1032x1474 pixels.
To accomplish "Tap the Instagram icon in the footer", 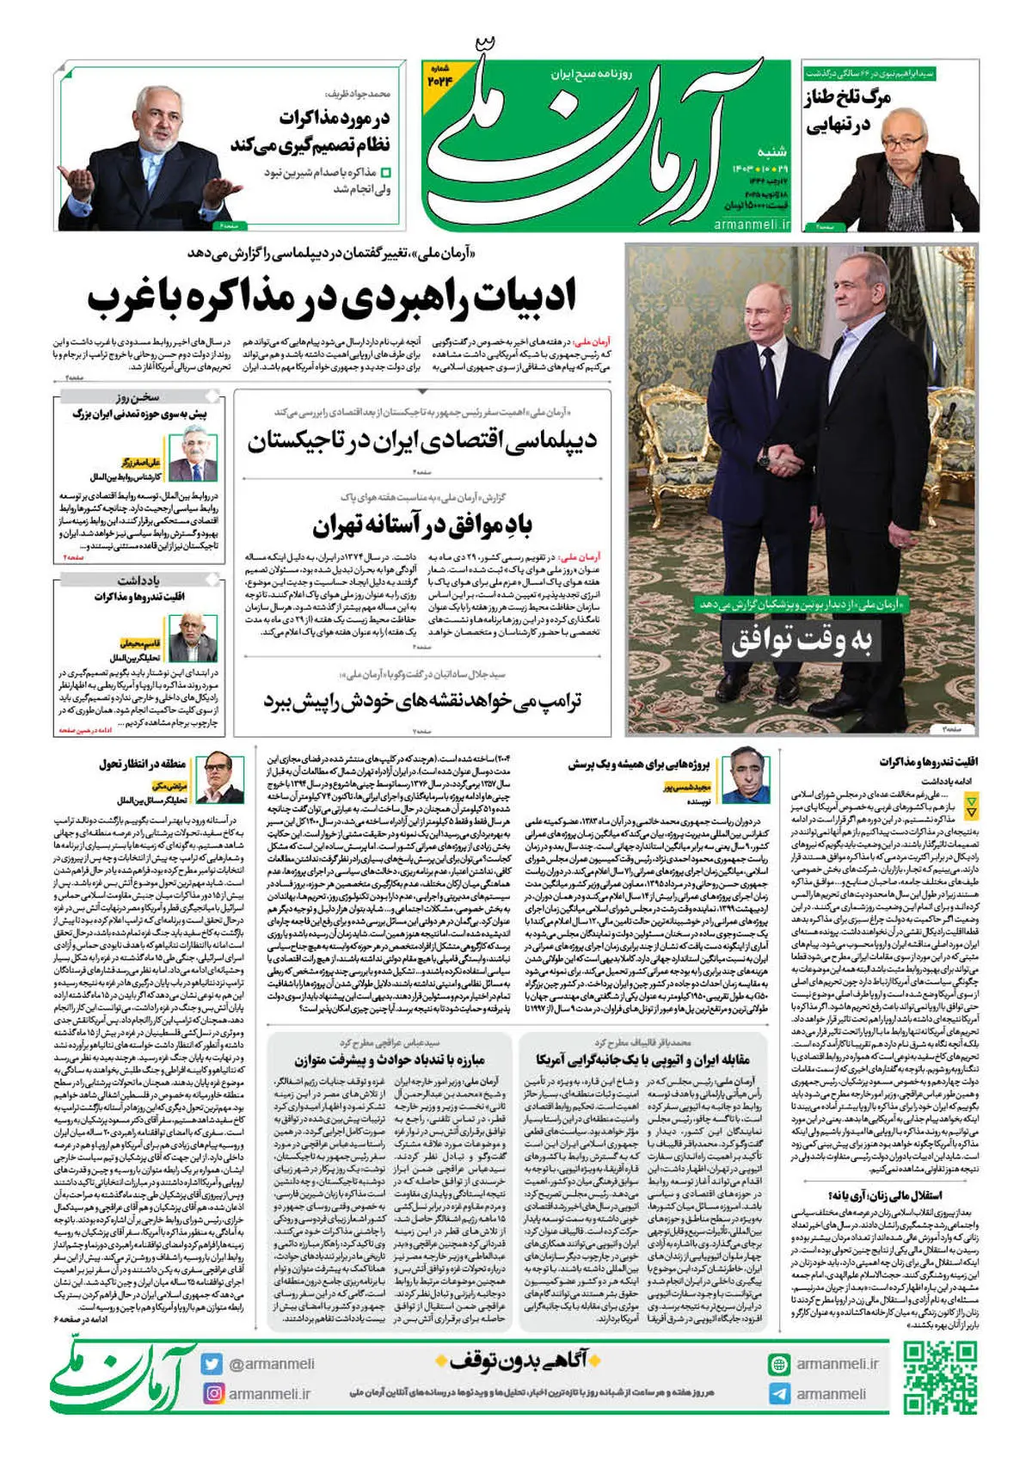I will click(212, 1392).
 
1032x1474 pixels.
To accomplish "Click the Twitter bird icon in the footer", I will click(212, 1363).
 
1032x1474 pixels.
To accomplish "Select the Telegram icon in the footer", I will click(779, 1393).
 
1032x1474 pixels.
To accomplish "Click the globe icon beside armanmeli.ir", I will click(779, 1364).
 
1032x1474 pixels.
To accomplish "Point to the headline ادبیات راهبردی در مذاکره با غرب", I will click(331, 298).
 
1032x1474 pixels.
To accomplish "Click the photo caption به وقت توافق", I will click(801, 641).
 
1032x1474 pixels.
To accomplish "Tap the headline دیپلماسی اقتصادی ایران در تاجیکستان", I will click(422, 442).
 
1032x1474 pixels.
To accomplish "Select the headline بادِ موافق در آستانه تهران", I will click(422, 525).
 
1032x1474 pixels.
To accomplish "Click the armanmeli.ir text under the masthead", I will click(752, 224).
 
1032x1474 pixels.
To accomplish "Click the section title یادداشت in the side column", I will click(138, 580).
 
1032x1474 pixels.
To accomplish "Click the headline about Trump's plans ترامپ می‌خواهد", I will click(422, 701).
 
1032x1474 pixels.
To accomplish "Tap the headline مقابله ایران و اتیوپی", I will click(643, 1059).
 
